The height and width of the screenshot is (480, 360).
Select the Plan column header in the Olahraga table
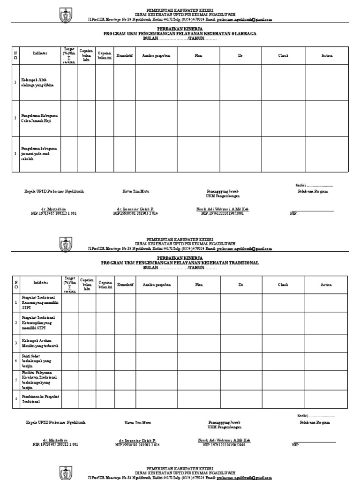click(x=199, y=56)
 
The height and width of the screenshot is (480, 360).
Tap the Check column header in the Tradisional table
click(x=283, y=285)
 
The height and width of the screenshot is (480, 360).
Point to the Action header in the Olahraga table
click(x=327, y=56)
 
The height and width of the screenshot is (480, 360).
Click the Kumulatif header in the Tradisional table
click(x=125, y=285)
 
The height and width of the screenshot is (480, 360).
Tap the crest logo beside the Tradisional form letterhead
click(x=65, y=244)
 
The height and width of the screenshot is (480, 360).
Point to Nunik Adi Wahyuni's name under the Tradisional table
click(x=224, y=441)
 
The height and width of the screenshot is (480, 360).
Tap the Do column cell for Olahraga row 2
click(x=240, y=118)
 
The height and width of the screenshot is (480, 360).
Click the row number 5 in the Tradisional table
click(x=15, y=380)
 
